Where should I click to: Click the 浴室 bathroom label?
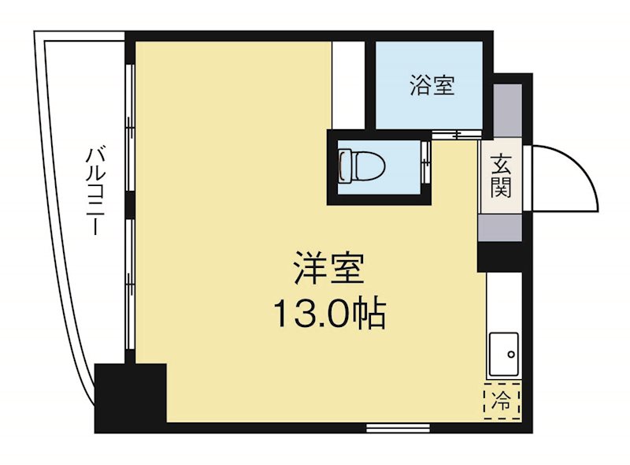432,85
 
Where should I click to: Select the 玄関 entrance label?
501,177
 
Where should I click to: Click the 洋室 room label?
328,269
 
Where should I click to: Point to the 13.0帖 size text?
328,314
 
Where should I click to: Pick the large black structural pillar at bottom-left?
130,396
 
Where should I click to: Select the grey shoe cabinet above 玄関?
507,110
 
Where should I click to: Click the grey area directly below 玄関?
501,226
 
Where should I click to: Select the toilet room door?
426,164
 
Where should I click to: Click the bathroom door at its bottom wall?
456,135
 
